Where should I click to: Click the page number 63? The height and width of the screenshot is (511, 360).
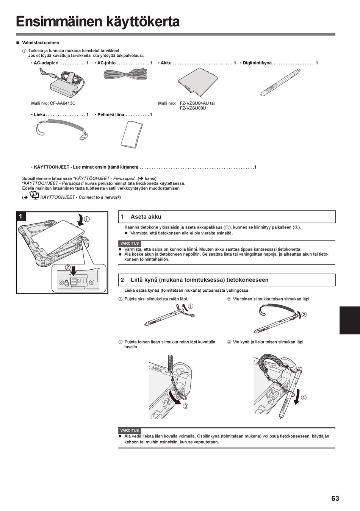point(335,498)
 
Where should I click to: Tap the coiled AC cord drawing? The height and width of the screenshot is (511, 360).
point(125,74)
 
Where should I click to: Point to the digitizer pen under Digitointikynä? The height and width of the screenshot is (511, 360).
point(280,83)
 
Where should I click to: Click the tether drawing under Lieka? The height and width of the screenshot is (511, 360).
point(63,128)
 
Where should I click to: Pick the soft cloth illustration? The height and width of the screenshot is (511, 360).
point(132,134)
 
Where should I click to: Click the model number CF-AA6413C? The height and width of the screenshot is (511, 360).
point(63,103)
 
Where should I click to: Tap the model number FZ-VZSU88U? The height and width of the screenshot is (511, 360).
point(193,108)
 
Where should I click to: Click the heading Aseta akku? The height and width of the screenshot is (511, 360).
point(146,217)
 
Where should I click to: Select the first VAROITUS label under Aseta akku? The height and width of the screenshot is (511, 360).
point(130,244)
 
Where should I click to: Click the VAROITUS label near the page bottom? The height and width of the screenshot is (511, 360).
point(130,431)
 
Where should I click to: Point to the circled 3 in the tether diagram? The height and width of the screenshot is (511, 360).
point(186,406)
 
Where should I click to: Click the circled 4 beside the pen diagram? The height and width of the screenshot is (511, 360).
point(304,397)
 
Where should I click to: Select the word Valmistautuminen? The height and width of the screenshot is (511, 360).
point(41,43)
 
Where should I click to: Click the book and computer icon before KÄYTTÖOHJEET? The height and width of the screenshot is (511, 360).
point(34,196)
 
